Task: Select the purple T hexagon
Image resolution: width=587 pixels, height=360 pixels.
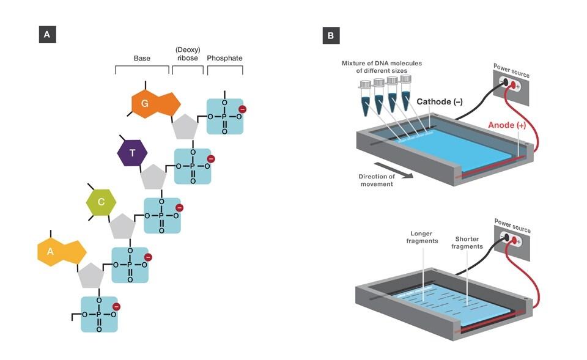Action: pos(133,153)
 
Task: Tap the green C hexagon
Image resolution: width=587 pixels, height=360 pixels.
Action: pos(102,202)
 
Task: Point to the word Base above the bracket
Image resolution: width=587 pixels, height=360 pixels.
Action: pos(142,59)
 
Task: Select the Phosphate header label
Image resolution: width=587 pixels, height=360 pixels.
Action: pos(225,59)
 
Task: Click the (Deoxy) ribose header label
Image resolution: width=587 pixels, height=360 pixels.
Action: pos(188,54)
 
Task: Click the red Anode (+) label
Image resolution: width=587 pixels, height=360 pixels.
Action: pos(507,125)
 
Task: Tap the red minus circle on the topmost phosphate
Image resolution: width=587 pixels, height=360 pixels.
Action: pos(242,109)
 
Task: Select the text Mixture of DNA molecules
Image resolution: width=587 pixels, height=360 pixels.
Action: pos(382,63)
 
